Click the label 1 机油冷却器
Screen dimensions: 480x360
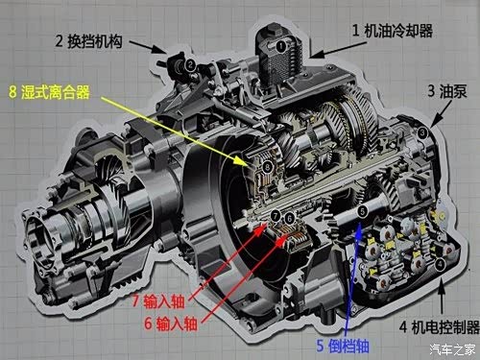(x=393, y=31)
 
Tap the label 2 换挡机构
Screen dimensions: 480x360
(x=88, y=41)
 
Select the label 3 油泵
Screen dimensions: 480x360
(x=447, y=91)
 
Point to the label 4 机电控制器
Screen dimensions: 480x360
(x=440, y=327)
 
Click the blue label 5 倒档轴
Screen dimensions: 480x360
(x=343, y=346)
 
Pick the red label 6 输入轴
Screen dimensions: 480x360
(x=171, y=324)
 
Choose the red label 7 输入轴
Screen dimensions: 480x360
(x=158, y=300)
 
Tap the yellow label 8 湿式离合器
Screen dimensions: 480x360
(x=49, y=92)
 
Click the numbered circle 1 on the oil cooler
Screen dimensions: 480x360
(x=280, y=46)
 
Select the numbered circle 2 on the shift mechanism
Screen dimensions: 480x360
(x=190, y=65)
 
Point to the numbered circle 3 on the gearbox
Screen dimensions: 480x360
(x=422, y=132)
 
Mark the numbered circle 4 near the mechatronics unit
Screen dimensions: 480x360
(x=441, y=264)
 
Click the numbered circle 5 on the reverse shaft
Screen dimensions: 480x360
(x=362, y=211)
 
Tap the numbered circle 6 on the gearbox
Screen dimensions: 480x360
(x=289, y=218)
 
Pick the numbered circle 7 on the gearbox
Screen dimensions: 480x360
(x=276, y=216)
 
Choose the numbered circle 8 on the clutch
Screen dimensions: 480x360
(x=267, y=166)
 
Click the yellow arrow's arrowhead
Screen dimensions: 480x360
(x=242, y=161)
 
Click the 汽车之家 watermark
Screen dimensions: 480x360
(x=452, y=349)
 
